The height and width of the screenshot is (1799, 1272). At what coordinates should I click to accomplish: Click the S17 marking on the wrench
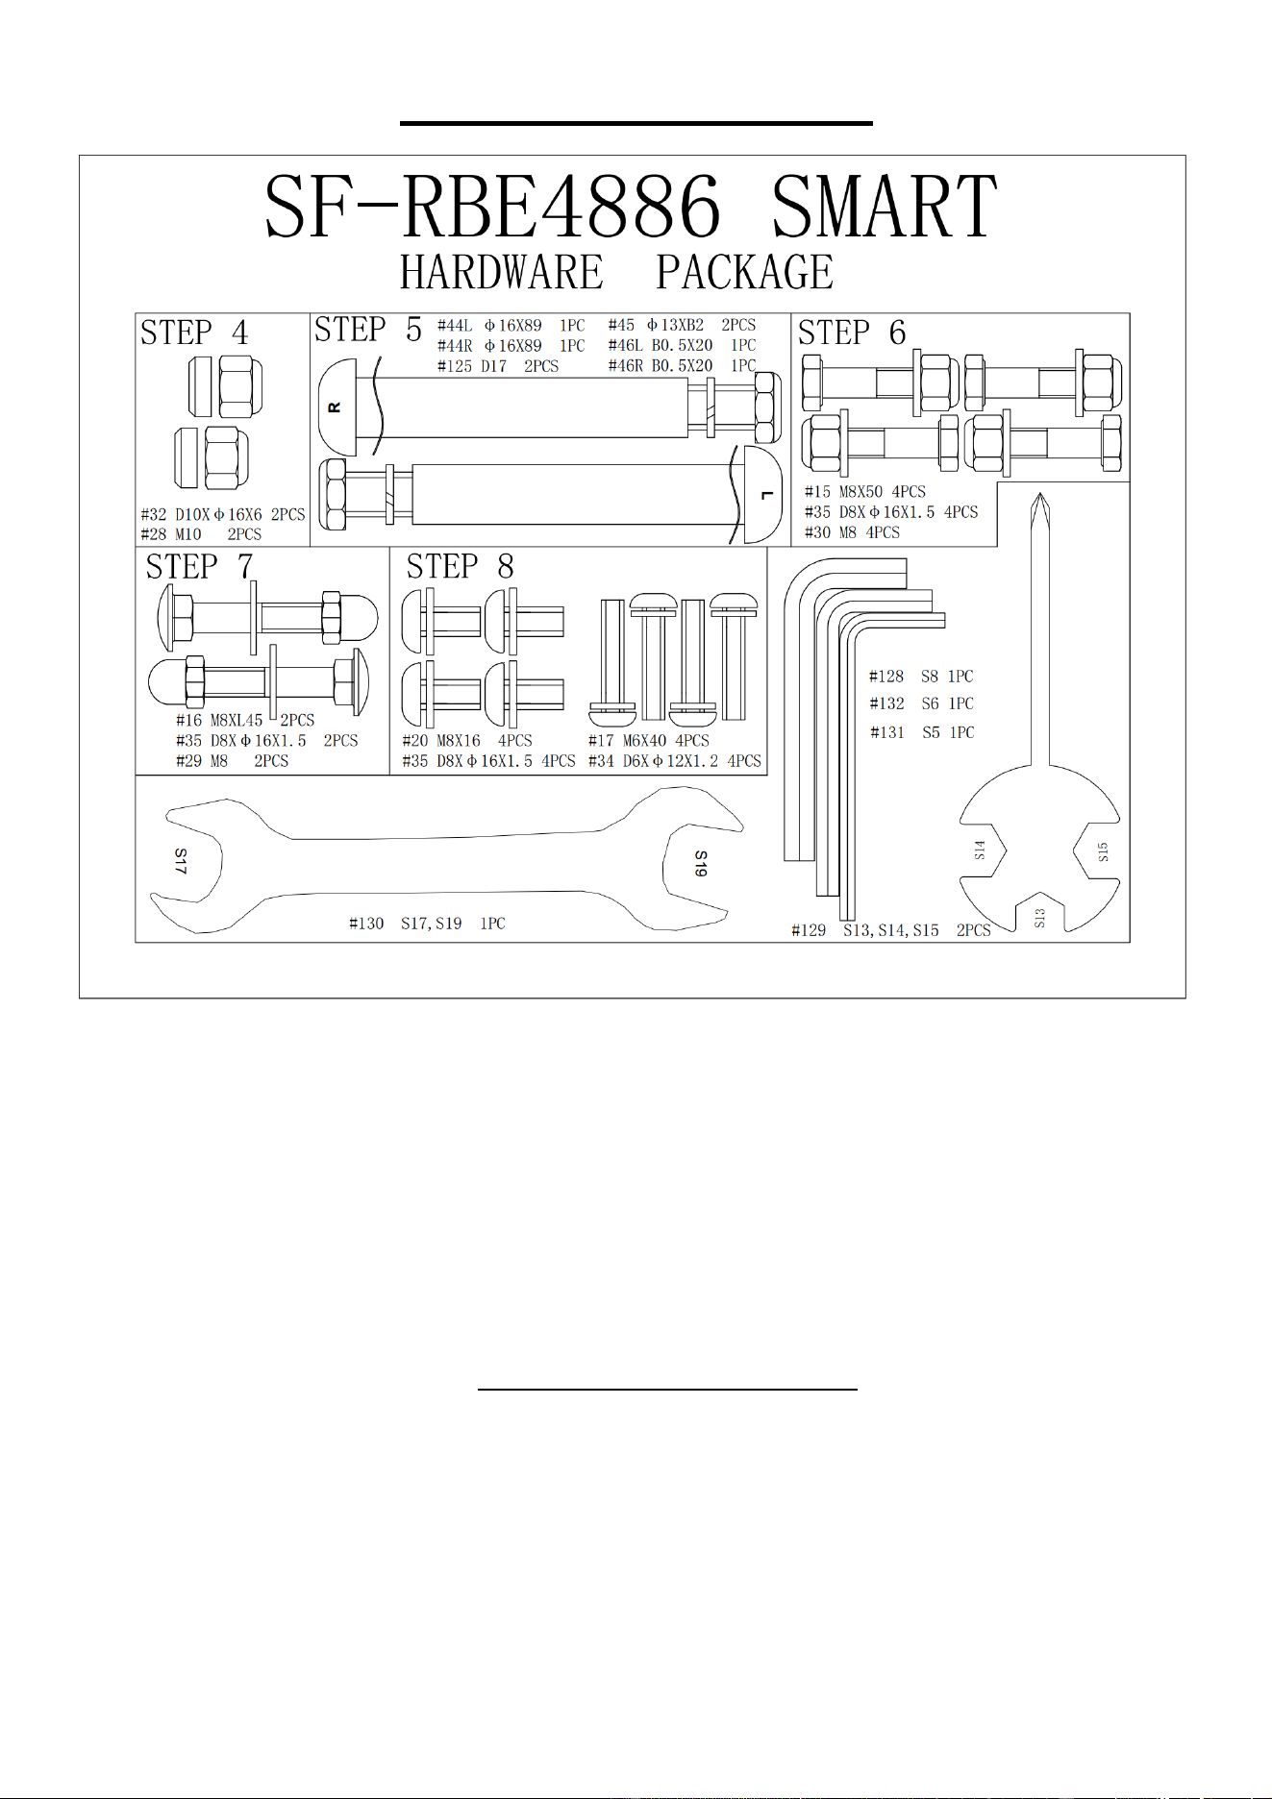point(181,861)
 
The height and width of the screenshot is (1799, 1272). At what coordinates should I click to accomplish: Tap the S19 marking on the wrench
point(701,863)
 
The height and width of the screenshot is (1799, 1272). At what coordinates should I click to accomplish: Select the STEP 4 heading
point(194,333)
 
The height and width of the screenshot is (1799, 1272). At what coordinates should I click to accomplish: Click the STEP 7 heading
point(200,567)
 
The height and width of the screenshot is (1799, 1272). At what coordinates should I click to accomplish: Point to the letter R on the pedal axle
point(335,407)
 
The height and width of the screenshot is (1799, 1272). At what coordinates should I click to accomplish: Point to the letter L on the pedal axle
point(766,495)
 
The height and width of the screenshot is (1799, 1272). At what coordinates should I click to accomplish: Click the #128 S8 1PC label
point(921,677)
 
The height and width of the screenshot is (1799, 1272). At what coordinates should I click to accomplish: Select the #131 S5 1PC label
point(922,732)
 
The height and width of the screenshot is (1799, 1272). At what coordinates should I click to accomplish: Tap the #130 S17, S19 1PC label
point(427,924)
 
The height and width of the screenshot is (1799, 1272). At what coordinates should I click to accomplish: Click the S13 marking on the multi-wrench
point(1039,918)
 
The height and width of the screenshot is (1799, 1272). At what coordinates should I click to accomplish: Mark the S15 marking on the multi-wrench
point(1103,851)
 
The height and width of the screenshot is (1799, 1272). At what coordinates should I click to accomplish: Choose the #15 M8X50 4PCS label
point(865,492)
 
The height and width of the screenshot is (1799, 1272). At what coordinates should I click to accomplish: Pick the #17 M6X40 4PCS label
point(649,741)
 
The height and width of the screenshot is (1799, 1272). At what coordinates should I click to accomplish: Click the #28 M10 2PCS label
point(201,534)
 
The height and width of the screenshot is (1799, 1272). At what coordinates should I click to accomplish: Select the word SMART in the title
point(885,206)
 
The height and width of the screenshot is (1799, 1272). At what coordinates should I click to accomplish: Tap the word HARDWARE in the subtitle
point(502,272)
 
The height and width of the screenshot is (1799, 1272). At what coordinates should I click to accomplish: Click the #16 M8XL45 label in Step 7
point(219,720)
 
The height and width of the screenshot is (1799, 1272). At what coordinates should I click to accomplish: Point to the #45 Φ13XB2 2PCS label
point(682,325)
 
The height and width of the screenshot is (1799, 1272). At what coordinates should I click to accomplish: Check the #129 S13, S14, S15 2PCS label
point(891,930)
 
